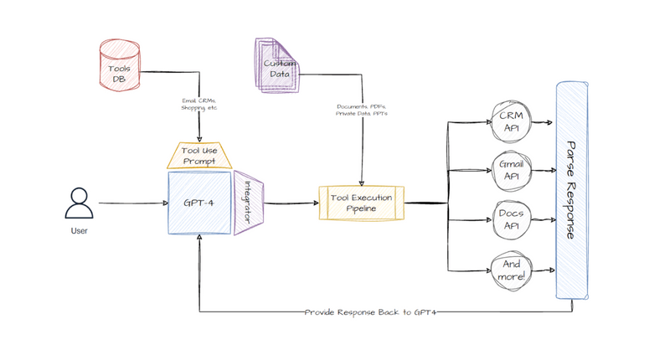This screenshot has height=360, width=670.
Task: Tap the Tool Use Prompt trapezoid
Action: pyautogui.click(x=199, y=154)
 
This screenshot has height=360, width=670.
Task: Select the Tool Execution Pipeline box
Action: pyautogui.click(x=362, y=203)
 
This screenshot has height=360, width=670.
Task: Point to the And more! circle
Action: pyautogui.click(x=509, y=269)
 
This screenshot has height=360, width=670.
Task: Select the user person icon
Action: pyautogui.click(x=78, y=203)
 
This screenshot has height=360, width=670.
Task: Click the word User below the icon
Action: pyautogui.click(x=78, y=231)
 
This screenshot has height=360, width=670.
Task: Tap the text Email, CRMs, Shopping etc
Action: pyautogui.click(x=199, y=105)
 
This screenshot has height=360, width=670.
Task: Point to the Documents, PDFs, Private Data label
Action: pyautogui.click(x=362, y=111)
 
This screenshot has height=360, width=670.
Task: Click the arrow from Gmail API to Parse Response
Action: pyautogui.click(x=542, y=169)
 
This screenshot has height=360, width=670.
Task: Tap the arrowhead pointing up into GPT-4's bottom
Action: pyautogui.click(x=199, y=239)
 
